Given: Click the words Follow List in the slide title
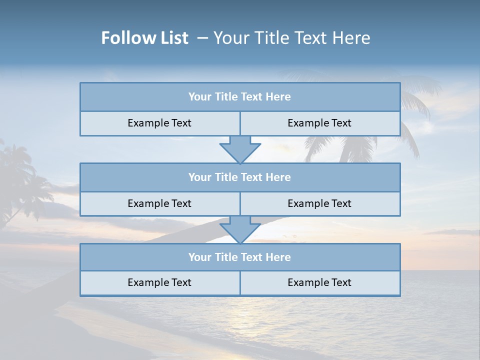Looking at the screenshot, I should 144,38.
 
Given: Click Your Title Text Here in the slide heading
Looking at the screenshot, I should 291,38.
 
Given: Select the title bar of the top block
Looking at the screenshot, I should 239,97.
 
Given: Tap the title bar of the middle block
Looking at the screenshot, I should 239,177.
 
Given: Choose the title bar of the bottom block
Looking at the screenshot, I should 239,257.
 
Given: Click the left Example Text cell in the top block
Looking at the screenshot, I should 159,123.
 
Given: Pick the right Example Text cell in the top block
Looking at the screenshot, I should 319,123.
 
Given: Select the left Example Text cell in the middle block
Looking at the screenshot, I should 159,203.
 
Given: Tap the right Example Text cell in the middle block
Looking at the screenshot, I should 319,203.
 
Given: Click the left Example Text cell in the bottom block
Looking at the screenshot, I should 159,282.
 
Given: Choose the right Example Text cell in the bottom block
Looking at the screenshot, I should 319,282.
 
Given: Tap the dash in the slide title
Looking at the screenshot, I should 202,38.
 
